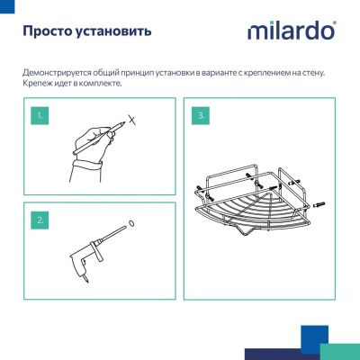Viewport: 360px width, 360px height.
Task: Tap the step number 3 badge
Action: pyautogui.click(x=201, y=116)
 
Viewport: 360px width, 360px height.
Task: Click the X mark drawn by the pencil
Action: pyautogui.click(x=131, y=118)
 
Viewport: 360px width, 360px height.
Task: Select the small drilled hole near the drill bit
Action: pyautogui.click(x=132, y=225)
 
